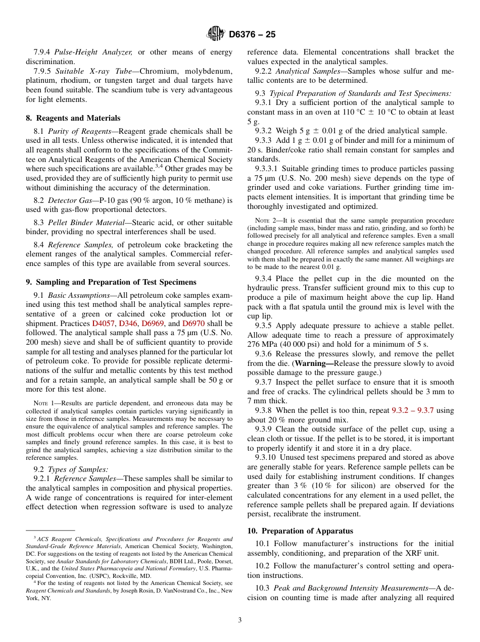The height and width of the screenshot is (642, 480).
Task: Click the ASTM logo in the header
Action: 216,34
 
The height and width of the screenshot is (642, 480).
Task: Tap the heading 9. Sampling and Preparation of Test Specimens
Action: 111,282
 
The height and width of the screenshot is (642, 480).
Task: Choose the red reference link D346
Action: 128,324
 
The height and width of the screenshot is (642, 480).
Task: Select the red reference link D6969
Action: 153,324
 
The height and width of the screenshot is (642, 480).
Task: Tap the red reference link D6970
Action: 193,324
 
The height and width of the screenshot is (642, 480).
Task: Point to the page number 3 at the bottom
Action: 240,620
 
